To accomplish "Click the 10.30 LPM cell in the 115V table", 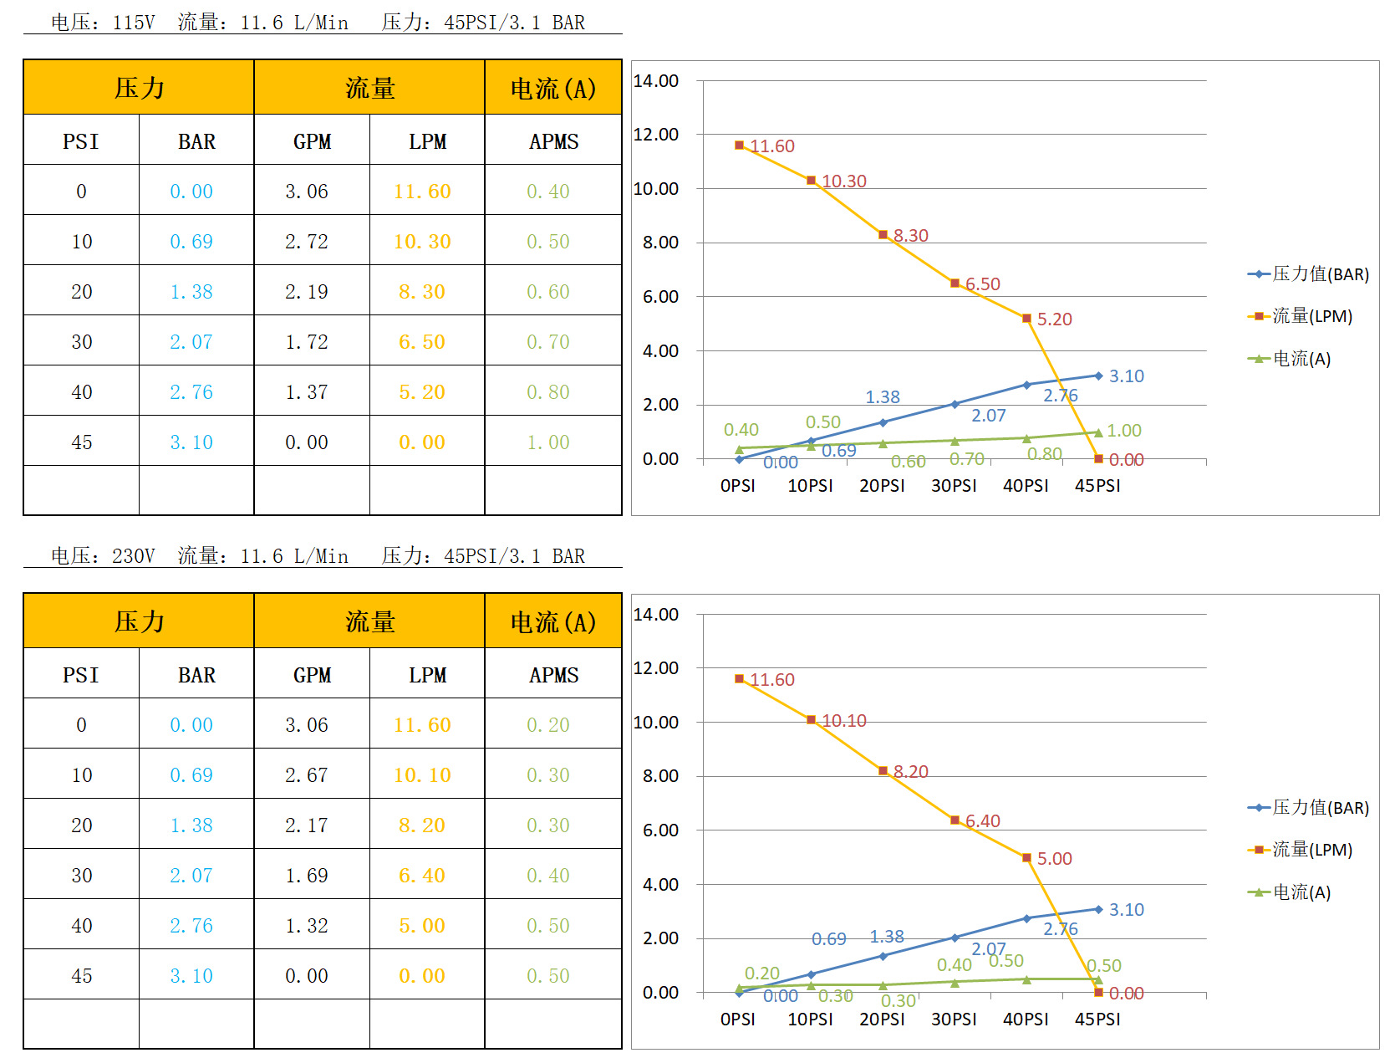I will (422, 242).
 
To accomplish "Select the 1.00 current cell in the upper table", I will (548, 442).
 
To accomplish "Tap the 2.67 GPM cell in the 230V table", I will (307, 775).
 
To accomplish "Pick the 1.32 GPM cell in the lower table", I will (307, 926).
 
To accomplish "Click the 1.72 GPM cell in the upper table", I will (307, 342).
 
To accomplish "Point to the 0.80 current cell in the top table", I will (548, 392).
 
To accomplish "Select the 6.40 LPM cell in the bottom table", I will (422, 876).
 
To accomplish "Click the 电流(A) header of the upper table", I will (553, 88).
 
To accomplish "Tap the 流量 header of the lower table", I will (369, 621).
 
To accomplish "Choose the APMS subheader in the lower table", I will (553, 675).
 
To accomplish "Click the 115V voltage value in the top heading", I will (134, 23).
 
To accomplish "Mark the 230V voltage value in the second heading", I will (134, 556).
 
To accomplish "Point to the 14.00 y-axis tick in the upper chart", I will (656, 81).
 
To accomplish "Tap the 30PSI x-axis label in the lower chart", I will (954, 1020).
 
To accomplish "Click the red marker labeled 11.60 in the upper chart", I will (739, 146).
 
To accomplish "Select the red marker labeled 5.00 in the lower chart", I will (1026, 858).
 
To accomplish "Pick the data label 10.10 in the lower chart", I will (844, 721).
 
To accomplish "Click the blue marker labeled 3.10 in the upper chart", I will (1098, 376).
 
